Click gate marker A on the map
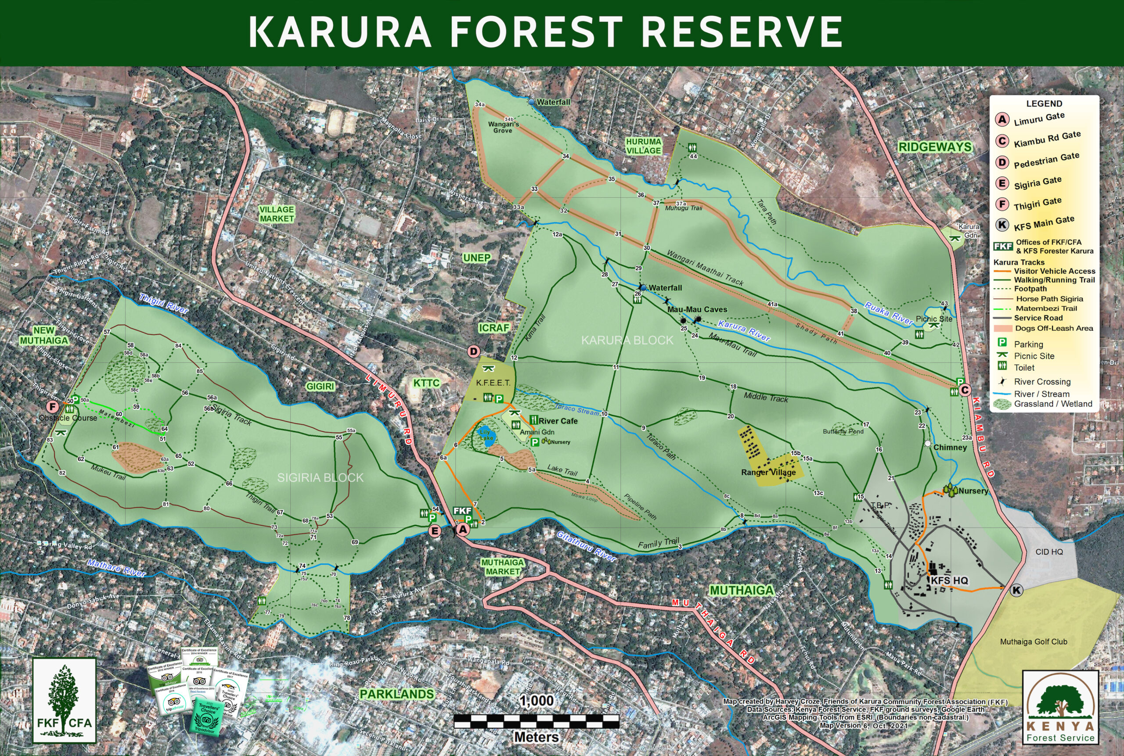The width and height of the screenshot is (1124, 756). (463, 530)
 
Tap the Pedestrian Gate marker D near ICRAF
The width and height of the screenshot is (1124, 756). (474, 351)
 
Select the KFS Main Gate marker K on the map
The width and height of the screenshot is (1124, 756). (1016, 590)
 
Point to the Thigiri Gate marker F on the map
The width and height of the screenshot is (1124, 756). (53, 406)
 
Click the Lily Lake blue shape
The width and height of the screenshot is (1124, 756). (486, 436)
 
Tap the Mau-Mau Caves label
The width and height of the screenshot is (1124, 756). (697, 309)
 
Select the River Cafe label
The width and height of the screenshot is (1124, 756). (558, 421)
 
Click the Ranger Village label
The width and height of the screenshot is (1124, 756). (768, 472)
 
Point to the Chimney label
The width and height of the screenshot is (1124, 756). (949, 448)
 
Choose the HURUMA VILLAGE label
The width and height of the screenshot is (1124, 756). (643, 146)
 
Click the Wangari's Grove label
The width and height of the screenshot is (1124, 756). (503, 127)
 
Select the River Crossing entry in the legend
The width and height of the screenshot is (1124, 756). (1042, 382)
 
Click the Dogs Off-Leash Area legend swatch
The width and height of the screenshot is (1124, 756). (1003, 328)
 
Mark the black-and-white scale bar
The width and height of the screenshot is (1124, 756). (537, 722)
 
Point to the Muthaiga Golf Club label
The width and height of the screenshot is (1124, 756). (1033, 642)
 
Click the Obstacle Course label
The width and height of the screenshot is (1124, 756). (68, 418)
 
